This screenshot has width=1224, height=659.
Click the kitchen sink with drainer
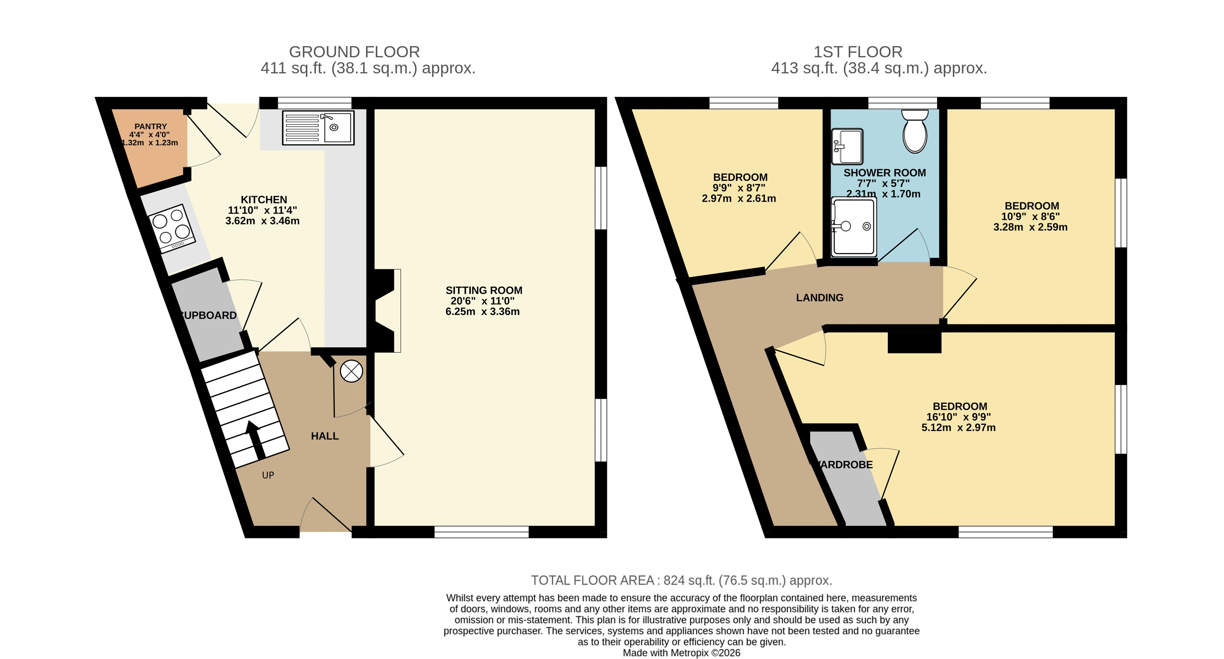318,127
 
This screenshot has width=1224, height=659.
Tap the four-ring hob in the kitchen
172,228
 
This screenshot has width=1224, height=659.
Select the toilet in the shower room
915,131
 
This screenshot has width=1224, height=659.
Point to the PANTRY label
151,126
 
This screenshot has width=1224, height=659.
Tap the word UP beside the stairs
268,475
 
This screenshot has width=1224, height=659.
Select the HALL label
325,436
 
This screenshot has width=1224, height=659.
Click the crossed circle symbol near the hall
351,371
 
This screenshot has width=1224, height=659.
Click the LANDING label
819,298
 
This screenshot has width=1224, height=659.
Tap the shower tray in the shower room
854,226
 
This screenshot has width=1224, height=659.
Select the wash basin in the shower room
847,146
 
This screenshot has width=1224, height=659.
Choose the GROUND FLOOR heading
355,52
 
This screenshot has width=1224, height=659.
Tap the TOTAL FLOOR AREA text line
681,580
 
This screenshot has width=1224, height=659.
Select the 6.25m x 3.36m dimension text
482,312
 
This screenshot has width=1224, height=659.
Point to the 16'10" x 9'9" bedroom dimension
958,417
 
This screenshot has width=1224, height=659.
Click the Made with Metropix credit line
681,653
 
